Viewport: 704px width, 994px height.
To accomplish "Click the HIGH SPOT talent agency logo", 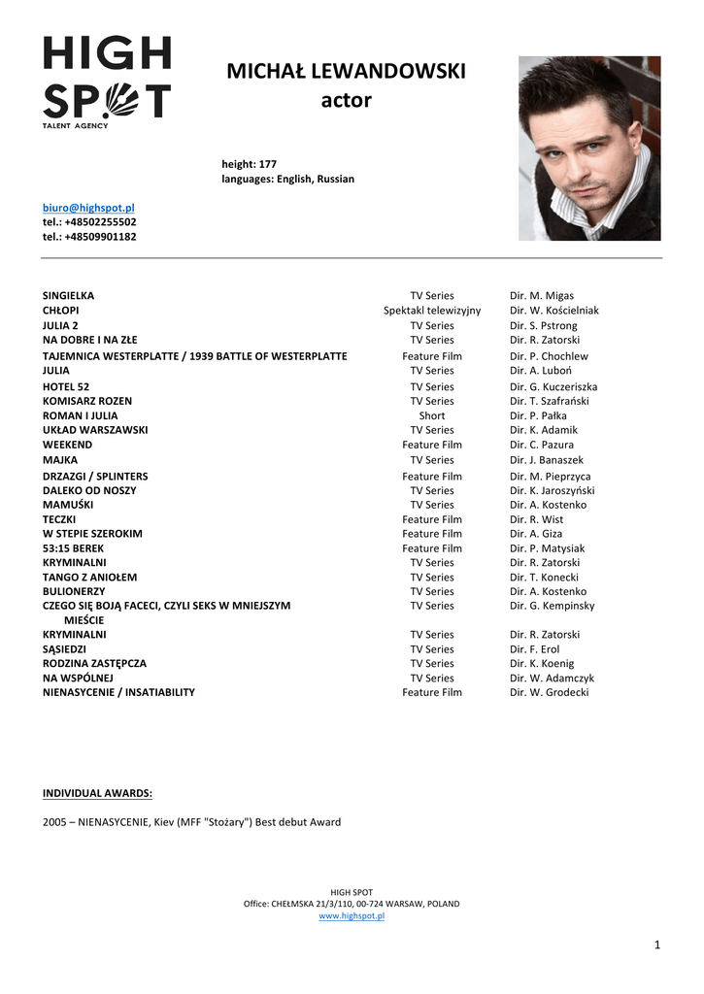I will point(107,82).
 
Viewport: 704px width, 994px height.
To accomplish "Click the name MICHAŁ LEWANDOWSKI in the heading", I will point(346,72).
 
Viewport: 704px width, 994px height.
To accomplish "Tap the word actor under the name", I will point(346,100).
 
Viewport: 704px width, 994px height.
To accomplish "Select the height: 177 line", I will point(250,164).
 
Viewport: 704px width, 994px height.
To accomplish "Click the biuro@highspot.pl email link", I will point(88,208).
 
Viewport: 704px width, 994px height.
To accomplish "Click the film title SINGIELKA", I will point(69,295).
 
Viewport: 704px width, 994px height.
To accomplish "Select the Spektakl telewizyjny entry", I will point(431,311).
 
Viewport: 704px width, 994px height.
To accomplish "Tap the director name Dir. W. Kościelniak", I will point(554,311).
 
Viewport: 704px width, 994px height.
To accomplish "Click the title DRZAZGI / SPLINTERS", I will point(95,477).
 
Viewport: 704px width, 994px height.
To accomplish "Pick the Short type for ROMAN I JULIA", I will point(432,415).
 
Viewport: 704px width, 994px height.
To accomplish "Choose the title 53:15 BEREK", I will point(73,548).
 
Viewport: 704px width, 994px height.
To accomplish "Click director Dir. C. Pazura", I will point(542,445).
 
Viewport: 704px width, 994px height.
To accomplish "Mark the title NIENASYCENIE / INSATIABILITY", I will point(118,692).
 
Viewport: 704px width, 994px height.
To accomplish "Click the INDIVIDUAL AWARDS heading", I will point(97,793).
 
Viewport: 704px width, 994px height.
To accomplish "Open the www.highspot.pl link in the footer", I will point(352,915).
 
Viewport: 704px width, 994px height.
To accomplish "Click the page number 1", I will point(657,944).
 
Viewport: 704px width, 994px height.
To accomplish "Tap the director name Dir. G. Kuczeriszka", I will point(553,386).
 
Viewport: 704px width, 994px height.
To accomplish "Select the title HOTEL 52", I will point(66,386).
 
